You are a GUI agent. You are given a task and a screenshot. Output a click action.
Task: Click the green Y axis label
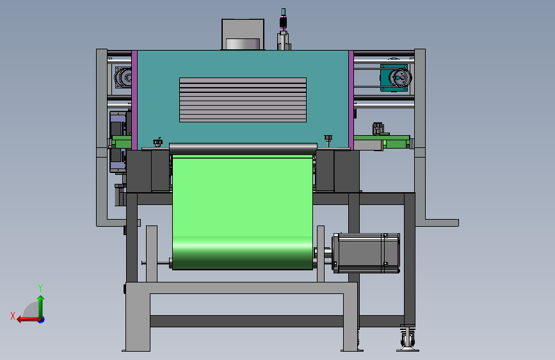40,288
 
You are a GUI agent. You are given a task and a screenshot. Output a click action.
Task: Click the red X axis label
13,316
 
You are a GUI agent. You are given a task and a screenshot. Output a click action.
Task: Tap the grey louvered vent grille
243,100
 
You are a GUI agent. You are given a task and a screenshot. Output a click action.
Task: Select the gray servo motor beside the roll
366,253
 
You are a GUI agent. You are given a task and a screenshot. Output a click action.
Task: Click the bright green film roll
243,212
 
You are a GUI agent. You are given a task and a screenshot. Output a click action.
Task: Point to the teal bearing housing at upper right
394,78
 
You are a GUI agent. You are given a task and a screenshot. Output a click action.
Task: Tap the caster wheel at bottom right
408,339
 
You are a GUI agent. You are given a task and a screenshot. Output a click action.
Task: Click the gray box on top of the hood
243,35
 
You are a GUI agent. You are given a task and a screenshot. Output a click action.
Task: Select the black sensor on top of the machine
283,21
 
